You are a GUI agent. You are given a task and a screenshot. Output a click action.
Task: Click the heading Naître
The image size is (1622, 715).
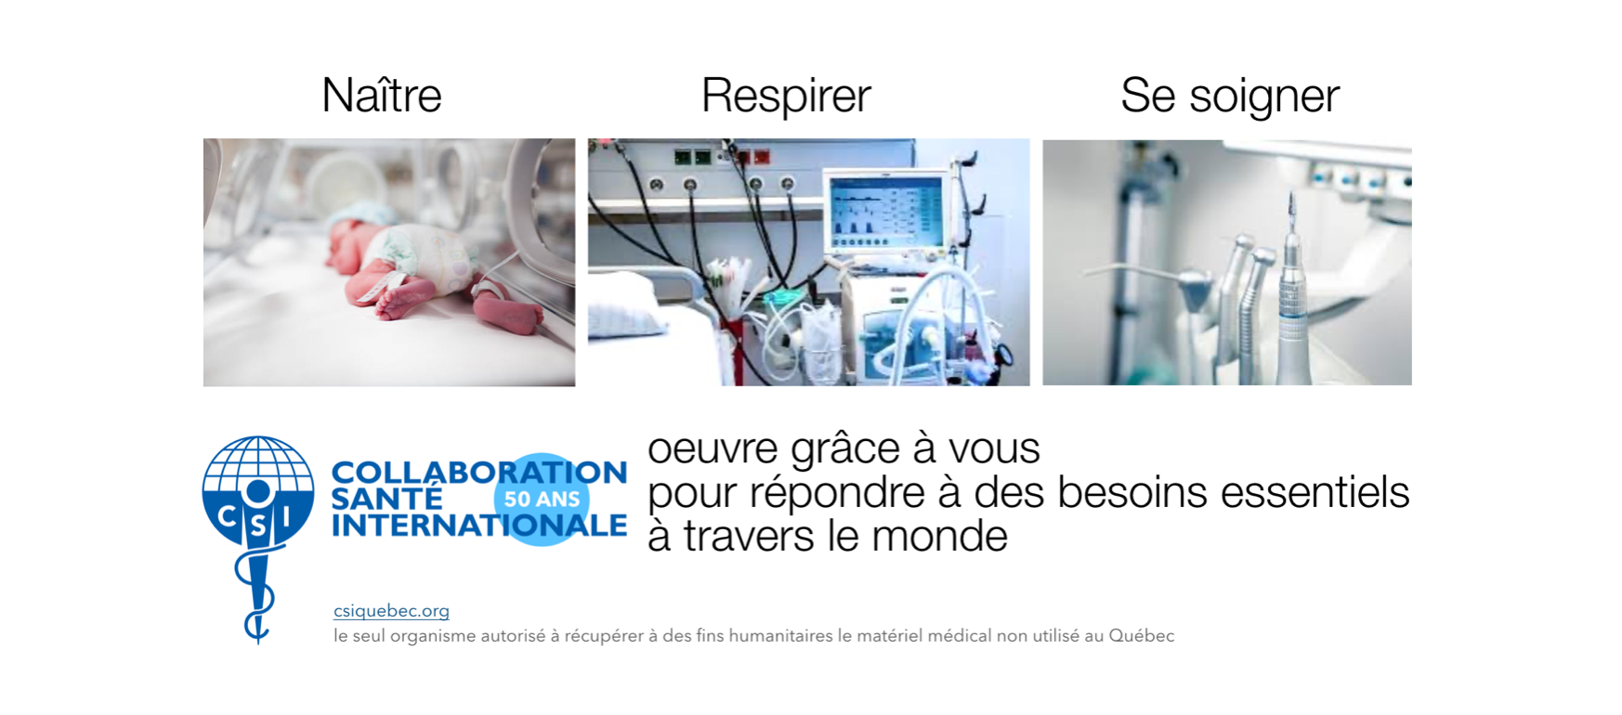pyautogui.click(x=381, y=95)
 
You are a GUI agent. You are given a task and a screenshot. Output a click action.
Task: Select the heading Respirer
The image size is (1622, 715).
pyautogui.click(x=786, y=95)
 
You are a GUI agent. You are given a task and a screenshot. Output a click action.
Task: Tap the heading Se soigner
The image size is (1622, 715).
pyautogui.click(x=1230, y=96)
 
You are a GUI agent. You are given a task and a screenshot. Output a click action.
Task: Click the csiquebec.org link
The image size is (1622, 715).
pyautogui.click(x=391, y=610)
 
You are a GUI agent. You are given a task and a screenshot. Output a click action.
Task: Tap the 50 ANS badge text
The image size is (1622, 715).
pyautogui.click(x=542, y=499)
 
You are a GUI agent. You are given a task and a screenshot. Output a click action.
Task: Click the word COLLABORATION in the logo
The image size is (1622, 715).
pyautogui.click(x=479, y=472)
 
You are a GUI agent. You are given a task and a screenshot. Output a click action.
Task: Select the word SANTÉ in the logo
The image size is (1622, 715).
pyautogui.click(x=386, y=499)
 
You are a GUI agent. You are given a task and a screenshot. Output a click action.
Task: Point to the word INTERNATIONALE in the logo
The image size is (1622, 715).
pyautogui.click(x=479, y=526)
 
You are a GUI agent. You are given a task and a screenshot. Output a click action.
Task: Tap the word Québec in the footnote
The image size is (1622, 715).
pyautogui.click(x=1142, y=636)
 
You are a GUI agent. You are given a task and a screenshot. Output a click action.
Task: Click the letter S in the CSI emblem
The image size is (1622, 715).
pyautogui.click(x=257, y=526)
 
